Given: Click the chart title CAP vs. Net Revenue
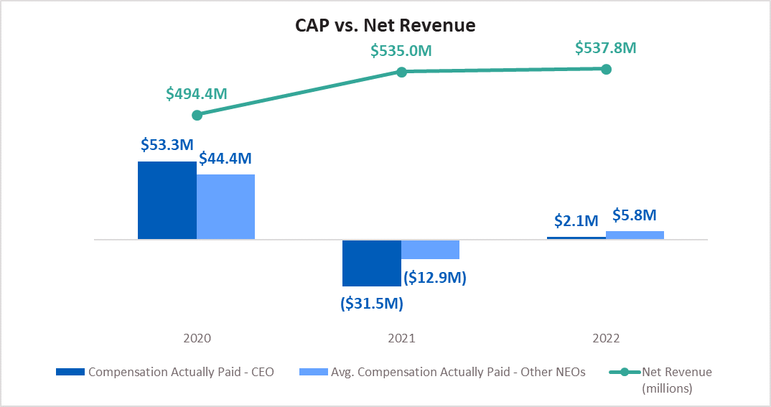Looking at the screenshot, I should coord(385,26).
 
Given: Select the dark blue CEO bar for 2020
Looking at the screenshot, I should coord(167,200).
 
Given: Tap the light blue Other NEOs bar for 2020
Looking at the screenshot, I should coord(225,207).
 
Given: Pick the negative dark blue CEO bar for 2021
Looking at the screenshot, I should coord(371,263).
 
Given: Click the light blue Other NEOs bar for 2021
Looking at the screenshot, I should coord(430,249).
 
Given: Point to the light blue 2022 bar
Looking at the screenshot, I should coord(635,235).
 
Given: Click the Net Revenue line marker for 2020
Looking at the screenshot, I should coord(197,115).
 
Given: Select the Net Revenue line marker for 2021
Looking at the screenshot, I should coord(402,72).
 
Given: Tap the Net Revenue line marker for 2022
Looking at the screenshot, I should coord(606,69).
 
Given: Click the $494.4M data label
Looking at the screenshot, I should coord(197,93).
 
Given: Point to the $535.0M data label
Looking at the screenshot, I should coord(401,51).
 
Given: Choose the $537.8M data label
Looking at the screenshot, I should coord(606,48).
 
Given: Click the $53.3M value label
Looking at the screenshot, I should coord(167,145).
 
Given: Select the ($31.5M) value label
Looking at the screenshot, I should coord(371,304).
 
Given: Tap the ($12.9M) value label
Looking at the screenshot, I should coord(434,276).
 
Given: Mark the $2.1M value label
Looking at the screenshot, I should coord(576,221).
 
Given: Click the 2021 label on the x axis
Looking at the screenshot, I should coord(401,338).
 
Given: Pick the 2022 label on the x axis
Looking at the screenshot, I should coord(606,338).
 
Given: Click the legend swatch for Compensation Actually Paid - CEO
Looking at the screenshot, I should coord(70,372).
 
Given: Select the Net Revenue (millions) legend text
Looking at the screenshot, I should coord(676,380).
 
